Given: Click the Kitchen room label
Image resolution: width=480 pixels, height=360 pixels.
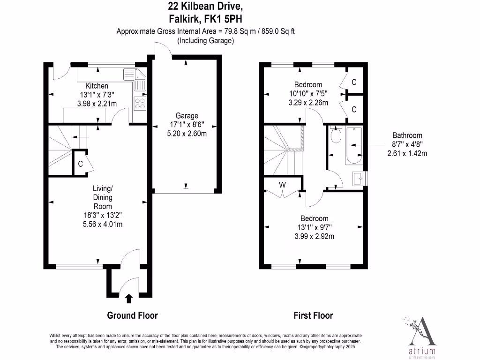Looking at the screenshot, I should point(97,86).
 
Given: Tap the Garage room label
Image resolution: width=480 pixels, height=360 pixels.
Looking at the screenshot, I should point(187,116).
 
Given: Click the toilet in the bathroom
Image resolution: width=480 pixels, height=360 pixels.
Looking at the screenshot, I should point(335,136).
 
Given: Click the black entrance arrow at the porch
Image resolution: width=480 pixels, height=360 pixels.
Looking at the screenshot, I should point(129,298).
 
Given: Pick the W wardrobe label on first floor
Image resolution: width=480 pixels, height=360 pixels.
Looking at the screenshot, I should point(282,185).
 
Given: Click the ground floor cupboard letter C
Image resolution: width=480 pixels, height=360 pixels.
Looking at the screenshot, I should point(80,164).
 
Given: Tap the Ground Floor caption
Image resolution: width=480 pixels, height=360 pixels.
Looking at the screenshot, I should point(132,315).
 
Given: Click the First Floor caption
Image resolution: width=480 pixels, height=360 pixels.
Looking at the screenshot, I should point(313,315).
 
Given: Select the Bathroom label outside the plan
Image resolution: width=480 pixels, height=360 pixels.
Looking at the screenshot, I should point(407,135).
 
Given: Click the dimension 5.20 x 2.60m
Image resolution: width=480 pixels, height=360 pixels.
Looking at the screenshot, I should point(187,133).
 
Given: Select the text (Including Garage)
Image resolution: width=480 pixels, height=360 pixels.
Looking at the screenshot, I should point(205,41).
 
